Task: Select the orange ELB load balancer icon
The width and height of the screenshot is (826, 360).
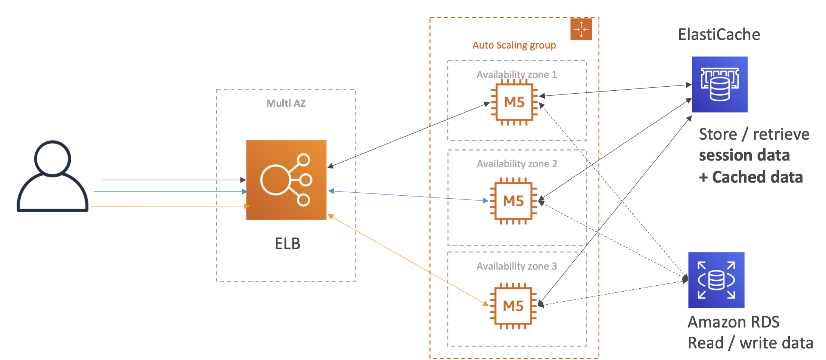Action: click(286, 180)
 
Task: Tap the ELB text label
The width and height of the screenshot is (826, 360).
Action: click(287, 243)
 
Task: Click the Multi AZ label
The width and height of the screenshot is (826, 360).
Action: click(286, 103)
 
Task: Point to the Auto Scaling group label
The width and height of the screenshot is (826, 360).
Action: click(514, 46)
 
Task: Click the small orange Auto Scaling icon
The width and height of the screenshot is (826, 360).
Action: click(581, 29)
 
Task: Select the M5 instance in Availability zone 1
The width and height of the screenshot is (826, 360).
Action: click(514, 102)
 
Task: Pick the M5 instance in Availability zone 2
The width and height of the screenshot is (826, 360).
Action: click(513, 201)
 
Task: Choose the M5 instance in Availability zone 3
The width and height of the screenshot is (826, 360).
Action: click(513, 306)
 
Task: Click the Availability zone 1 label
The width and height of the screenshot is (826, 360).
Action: click(516, 75)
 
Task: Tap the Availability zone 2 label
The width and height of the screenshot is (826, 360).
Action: click(517, 164)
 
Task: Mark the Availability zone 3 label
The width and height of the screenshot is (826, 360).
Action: click(516, 266)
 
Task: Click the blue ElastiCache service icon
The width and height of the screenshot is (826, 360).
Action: click(720, 84)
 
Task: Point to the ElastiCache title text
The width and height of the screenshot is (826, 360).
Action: click(719, 35)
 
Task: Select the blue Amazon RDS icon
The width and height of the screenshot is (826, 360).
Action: click(716, 280)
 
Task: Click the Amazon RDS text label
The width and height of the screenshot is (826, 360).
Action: click(733, 322)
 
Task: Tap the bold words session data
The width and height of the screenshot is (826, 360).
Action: click(744, 155)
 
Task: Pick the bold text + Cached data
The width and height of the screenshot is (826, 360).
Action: click(751, 177)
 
